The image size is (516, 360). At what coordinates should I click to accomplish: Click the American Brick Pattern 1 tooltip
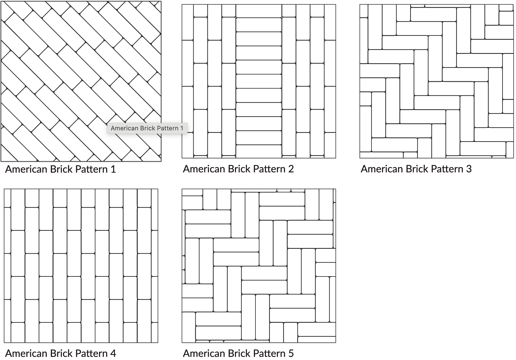pos(147,128)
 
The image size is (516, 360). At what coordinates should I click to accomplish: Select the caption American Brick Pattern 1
pos(61,169)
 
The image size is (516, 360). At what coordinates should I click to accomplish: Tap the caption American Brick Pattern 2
pos(239,169)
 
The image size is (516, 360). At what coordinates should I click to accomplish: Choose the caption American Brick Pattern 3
pos(416,169)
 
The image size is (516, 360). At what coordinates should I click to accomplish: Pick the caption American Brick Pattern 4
pos(61,353)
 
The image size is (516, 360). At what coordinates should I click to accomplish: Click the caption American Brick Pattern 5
pos(239,353)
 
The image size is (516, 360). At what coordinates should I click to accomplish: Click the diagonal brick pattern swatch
pos(81,81)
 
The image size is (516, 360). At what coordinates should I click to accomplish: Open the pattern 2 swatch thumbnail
pos(259,81)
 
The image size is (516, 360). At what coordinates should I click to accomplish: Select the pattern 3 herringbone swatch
pos(437,81)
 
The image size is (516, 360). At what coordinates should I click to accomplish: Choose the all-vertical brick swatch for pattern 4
pos(81,266)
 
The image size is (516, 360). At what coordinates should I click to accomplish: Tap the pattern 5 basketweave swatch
pos(259,266)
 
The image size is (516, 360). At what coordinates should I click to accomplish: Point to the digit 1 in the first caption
pos(113,169)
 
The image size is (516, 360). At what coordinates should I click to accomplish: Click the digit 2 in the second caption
pos(291,169)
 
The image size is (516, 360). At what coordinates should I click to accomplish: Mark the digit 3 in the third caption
pos(469,169)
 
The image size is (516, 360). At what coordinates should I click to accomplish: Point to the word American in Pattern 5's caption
pos(204,353)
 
